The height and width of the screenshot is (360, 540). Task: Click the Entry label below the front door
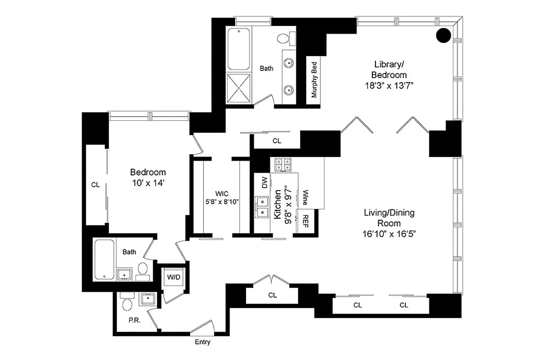(202, 342)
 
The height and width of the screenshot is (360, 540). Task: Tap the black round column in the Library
(443, 36)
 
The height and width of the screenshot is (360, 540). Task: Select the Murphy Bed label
(314, 80)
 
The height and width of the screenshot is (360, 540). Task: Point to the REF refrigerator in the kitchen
(305, 221)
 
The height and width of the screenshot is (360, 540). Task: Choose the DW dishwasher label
(265, 182)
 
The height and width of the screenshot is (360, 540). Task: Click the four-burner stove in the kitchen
(283, 165)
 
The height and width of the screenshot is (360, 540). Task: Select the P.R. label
(135, 320)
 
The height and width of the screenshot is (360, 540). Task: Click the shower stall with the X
(239, 88)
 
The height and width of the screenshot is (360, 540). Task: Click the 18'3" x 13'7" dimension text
(389, 85)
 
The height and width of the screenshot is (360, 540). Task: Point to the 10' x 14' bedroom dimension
(148, 183)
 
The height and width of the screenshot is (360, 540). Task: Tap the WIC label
(222, 194)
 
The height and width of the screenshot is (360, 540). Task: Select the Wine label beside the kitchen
(305, 198)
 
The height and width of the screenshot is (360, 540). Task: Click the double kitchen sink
(262, 207)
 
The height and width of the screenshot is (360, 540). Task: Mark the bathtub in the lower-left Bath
(104, 259)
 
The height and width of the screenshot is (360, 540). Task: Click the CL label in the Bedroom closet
(96, 185)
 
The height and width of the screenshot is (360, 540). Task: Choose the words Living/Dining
(389, 213)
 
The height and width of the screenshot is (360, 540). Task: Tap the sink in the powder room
(148, 299)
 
